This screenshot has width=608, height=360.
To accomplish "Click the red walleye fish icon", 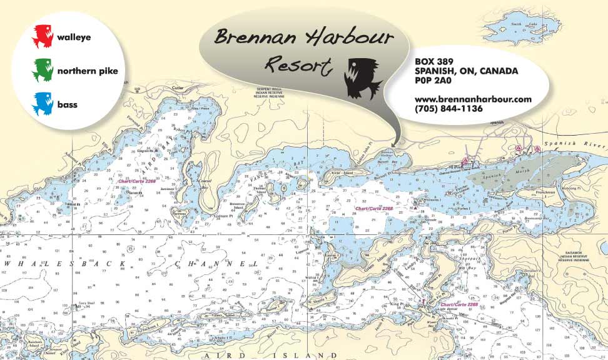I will (x=43, y=36).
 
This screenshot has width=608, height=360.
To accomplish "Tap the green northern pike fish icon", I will (x=43, y=70).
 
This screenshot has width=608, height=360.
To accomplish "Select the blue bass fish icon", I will (x=43, y=104).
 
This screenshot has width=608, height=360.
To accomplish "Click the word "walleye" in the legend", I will (x=74, y=37).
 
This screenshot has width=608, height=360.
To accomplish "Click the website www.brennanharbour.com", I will (x=473, y=99).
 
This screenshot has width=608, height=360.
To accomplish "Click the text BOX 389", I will (x=435, y=61).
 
